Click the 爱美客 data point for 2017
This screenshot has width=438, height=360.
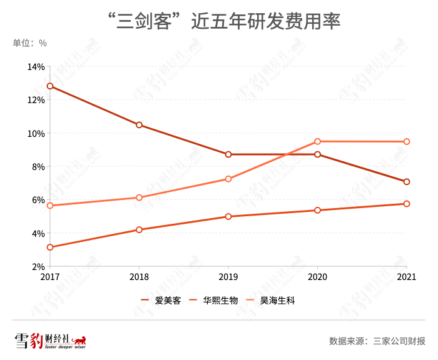pos(50,86)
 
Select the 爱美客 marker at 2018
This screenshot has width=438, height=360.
pos(139,125)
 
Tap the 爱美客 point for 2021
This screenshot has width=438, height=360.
pos(407,182)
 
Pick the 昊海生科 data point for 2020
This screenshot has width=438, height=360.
pos(318,141)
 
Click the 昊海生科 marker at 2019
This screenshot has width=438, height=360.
pos(228,179)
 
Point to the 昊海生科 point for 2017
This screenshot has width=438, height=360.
pos(50,206)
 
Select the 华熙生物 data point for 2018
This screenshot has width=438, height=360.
pos(139,229)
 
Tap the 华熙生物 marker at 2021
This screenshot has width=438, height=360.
pos(407,204)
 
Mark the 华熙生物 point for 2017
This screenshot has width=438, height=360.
pos(50,247)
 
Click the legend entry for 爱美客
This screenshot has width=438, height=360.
pos(161,301)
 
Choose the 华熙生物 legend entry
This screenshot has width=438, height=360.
pos(215,301)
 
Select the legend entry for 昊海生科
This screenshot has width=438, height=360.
pos(272,301)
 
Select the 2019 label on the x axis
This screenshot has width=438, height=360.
pos(228,276)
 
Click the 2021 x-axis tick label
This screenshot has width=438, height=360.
pos(407,276)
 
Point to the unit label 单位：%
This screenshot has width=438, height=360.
pos(30,43)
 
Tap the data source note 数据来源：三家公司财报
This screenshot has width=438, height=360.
pos(377,341)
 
